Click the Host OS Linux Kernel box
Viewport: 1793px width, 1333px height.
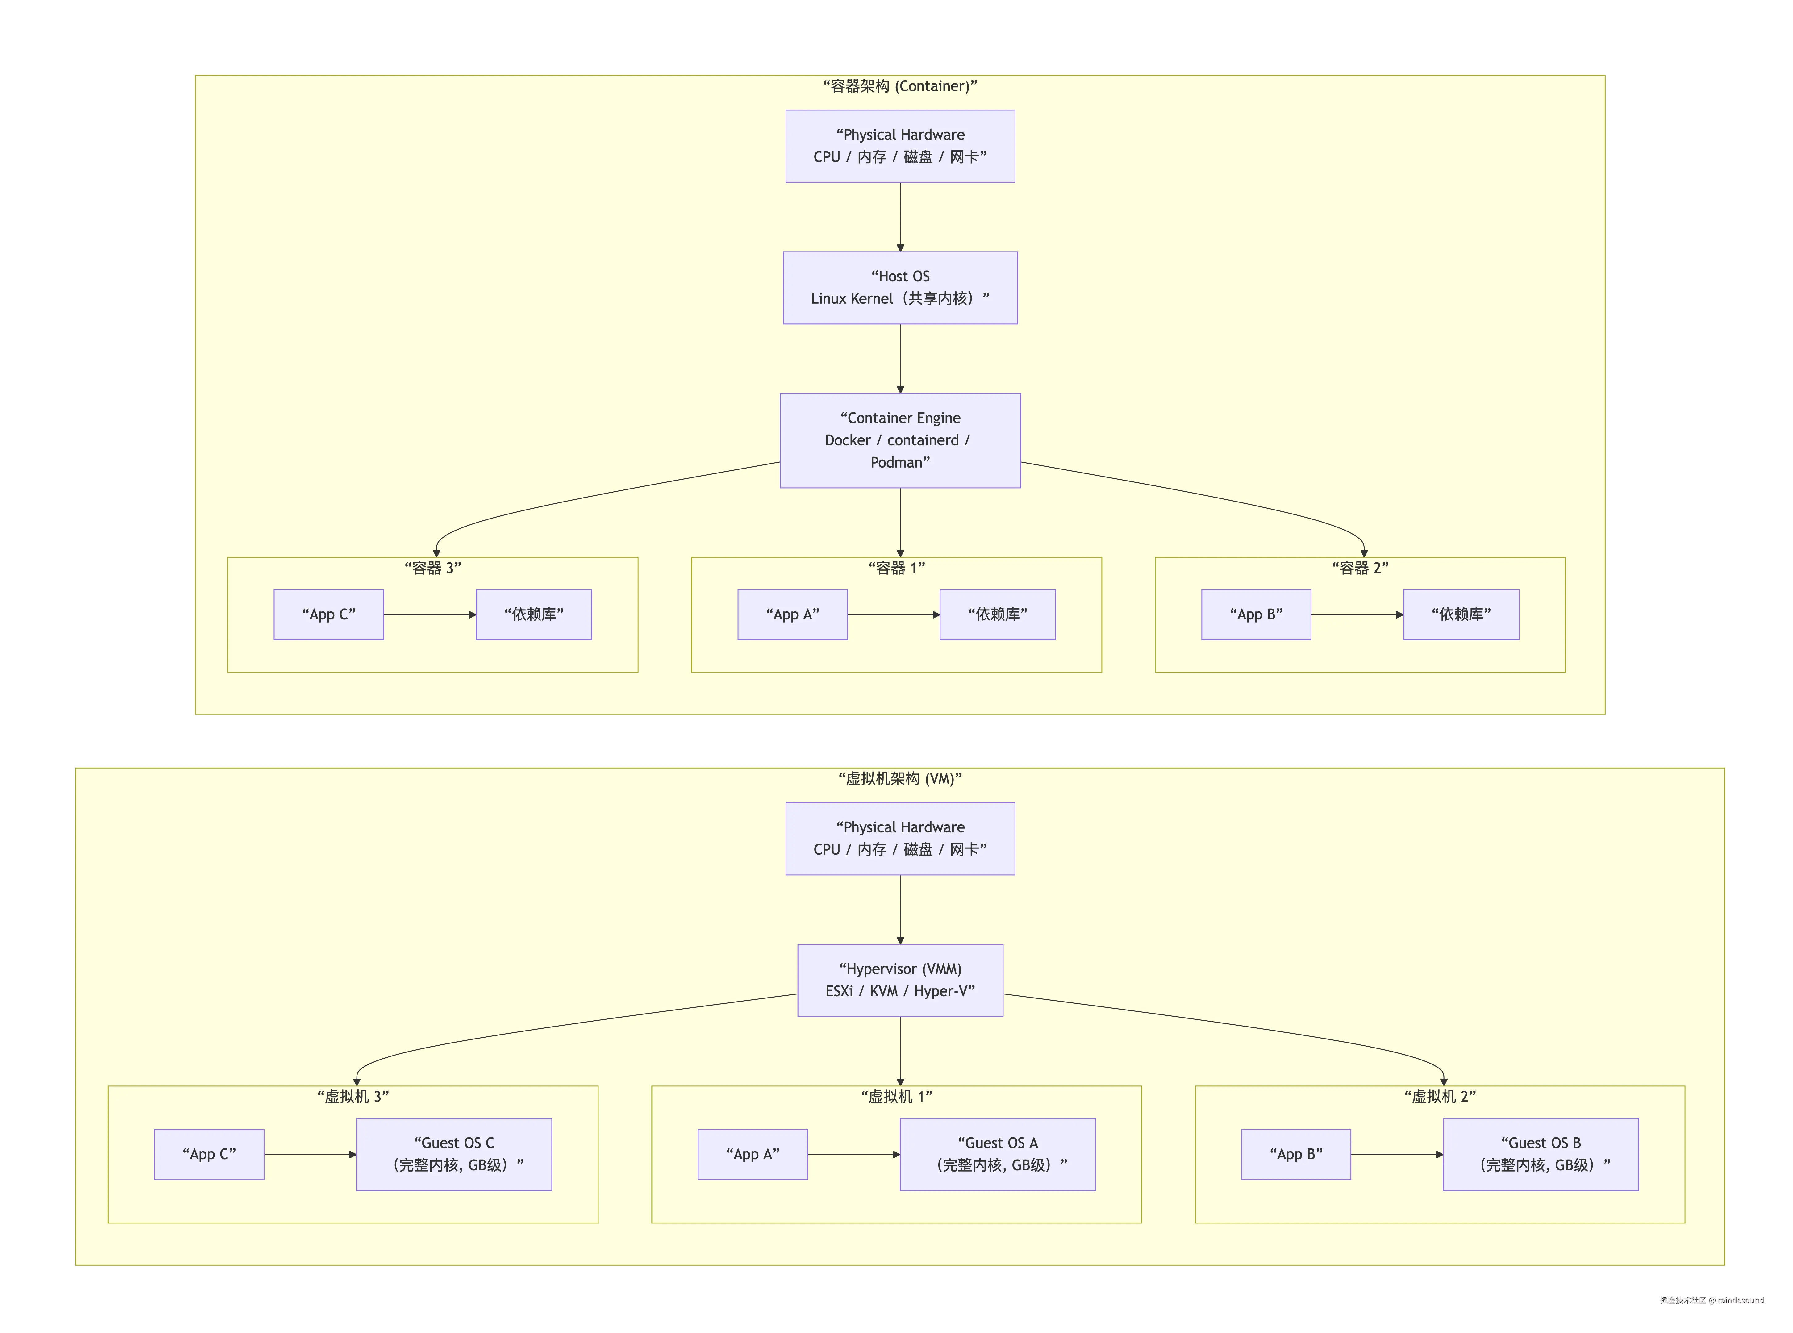click(900, 288)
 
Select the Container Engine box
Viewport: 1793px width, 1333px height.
click(900, 440)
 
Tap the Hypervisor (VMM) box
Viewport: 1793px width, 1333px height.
click(900, 981)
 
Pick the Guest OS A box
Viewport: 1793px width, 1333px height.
click(997, 1155)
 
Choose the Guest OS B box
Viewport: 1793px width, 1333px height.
click(1541, 1155)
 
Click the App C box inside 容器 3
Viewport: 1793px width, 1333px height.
click(328, 615)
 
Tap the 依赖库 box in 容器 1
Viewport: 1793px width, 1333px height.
click(997, 615)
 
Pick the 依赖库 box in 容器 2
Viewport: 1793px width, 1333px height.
click(1461, 615)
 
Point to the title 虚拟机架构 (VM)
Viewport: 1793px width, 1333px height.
click(900, 779)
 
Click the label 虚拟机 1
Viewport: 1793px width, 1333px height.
click(896, 1097)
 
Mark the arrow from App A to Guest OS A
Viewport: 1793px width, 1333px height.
click(854, 1155)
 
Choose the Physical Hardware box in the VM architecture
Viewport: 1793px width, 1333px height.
click(900, 838)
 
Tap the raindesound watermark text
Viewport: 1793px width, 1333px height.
click(1741, 1300)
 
